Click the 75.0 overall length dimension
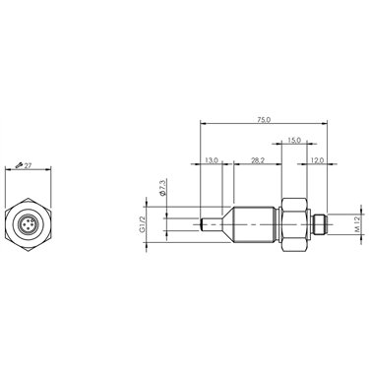pos(264,120)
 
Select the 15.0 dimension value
pos(294,140)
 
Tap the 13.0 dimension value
pos(212,160)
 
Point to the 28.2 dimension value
pos(258,160)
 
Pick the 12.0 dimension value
pos(317,160)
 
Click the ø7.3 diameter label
pos(162,187)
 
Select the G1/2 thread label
pos(142,224)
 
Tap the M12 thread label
pos(357,224)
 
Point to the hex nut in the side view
pos(294,224)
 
